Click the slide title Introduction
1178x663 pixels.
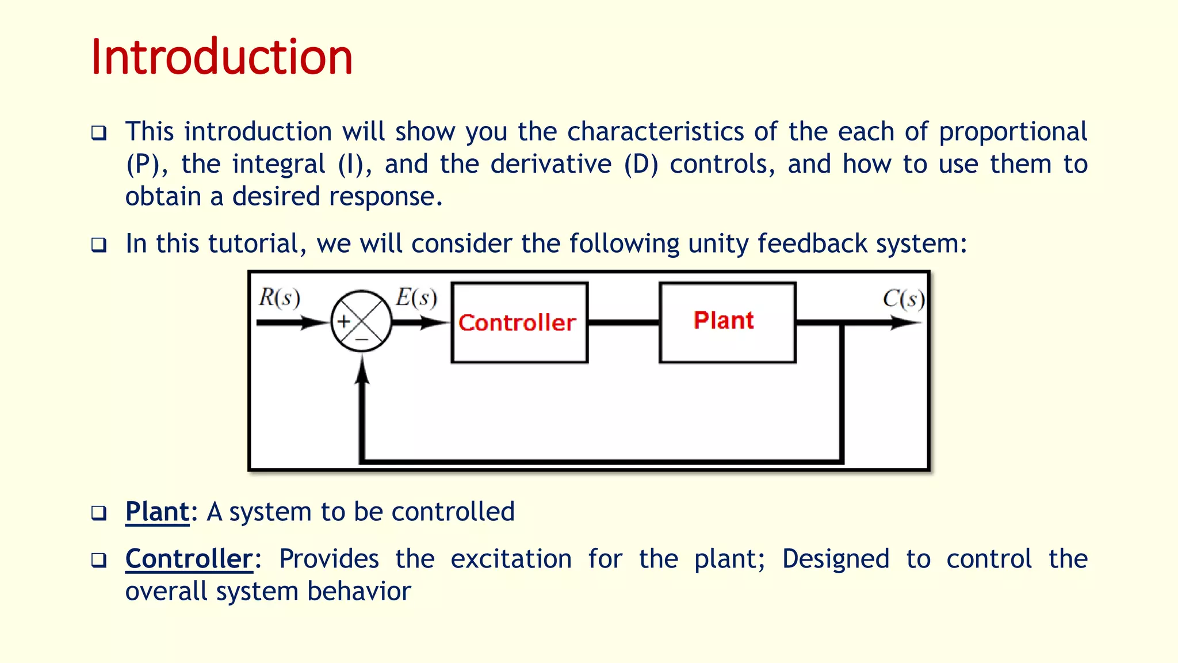221,57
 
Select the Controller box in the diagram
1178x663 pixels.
519,322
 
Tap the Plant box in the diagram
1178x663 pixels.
727,322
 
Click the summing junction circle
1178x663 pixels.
361,321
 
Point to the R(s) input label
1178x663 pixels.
280,298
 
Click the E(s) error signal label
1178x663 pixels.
416,298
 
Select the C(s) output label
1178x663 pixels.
904,299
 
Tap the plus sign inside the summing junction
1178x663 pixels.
344,321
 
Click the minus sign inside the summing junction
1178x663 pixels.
361,340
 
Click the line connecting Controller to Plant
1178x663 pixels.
624,322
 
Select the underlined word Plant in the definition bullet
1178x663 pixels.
157,512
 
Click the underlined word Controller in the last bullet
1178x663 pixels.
189,559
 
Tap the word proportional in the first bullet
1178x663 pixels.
1013,132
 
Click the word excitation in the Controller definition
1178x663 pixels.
511,559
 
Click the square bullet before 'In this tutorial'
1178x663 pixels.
99,245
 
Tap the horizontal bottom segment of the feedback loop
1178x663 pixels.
601,461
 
